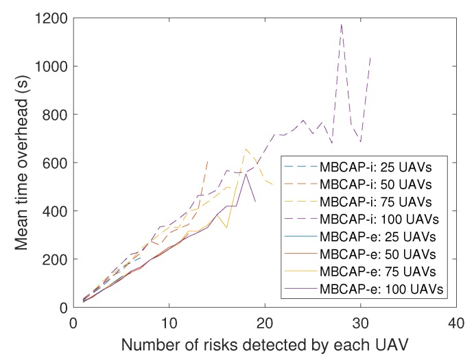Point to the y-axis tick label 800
click(x=54, y=115)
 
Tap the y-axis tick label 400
click(x=54, y=211)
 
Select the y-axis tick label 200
click(x=54, y=259)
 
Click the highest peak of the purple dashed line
click(x=342, y=24)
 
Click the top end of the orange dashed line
click(x=207, y=161)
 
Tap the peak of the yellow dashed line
click(x=246, y=149)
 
